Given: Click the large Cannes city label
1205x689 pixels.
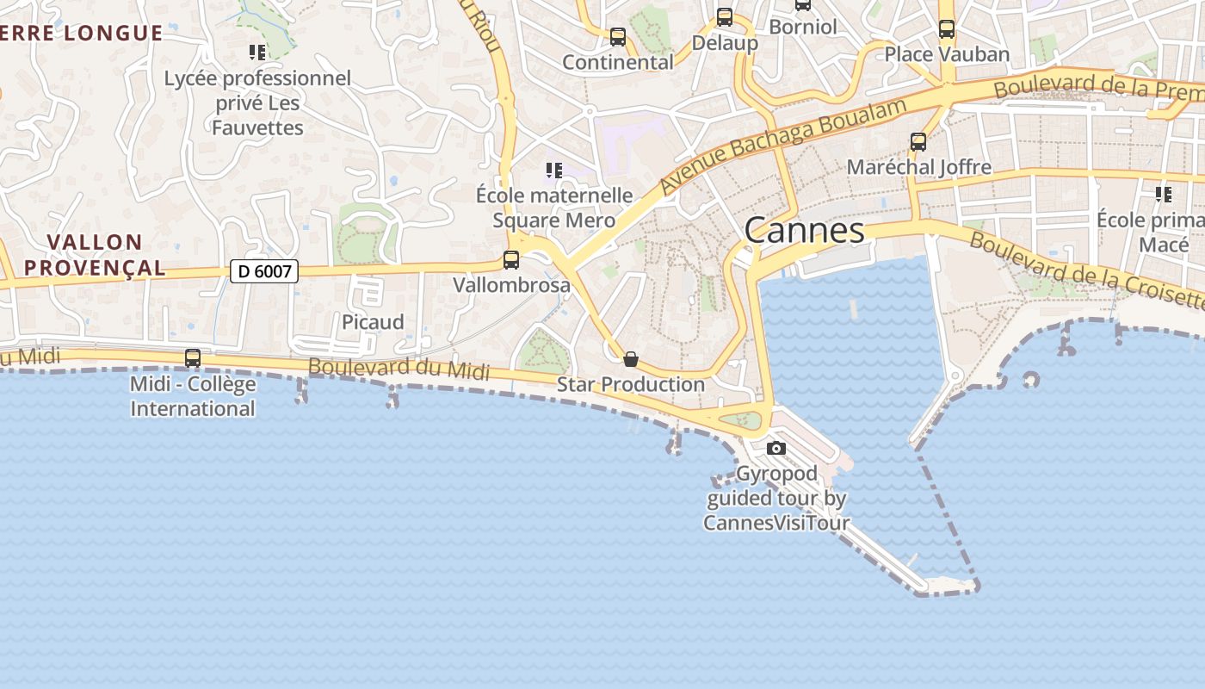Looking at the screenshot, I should [x=804, y=231].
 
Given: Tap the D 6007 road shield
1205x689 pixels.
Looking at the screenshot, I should [x=264, y=271].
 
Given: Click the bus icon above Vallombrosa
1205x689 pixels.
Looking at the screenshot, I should [x=511, y=259].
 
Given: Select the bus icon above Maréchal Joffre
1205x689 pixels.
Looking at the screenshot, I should [x=918, y=142].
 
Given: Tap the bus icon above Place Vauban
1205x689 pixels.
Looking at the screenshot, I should [x=947, y=29].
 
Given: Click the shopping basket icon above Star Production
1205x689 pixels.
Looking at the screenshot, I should [x=631, y=359].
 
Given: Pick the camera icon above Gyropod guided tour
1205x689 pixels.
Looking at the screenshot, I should [x=776, y=448].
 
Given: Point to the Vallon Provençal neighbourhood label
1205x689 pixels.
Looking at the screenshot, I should [x=95, y=255].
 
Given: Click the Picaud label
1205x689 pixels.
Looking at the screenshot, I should [x=373, y=322].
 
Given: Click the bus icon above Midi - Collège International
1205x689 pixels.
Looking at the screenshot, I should [x=193, y=357].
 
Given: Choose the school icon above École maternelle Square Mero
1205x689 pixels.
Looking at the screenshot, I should [x=554, y=171].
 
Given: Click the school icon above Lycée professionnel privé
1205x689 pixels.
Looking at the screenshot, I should [x=257, y=53].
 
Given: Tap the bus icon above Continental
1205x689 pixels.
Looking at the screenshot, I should [x=618, y=37].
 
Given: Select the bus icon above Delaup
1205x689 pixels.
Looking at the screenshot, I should [x=725, y=17].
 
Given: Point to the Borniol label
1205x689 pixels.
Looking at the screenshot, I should [x=802, y=27].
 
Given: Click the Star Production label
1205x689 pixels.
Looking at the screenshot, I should [x=631, y=384].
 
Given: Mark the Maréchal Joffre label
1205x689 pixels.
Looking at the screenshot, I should [x=918, y=167].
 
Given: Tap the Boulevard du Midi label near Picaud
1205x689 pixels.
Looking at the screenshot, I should [x=399, y=369].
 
